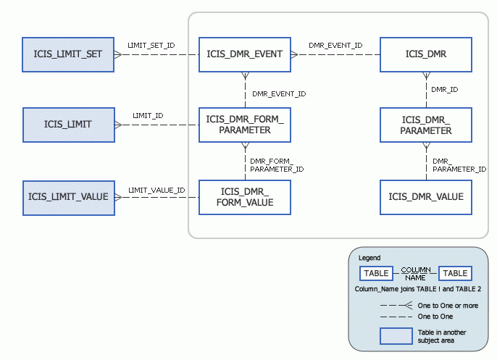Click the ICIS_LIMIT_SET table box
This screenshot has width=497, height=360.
point(68,54)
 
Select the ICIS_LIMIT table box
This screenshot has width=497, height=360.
point(68,125)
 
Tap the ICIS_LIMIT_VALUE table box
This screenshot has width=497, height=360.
point(68,197)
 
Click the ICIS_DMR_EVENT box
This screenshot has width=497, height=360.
point(245,54)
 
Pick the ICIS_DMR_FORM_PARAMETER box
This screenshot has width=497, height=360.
point(245,125)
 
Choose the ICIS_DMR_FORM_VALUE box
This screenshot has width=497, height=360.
point(245,197)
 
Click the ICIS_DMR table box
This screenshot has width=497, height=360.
point(426,54)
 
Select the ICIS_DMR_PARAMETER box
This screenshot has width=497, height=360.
point(426,125)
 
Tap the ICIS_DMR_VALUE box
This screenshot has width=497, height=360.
point(426,197)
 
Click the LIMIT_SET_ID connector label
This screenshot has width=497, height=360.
point(151,45)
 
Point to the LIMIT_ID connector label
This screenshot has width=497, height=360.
point(147,116)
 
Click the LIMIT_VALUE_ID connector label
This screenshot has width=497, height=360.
point(156,190)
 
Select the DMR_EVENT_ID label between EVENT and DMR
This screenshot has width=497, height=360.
point(335,45)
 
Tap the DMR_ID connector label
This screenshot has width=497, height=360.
point(444,90)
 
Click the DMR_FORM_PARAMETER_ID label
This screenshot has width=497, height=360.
point(276,164)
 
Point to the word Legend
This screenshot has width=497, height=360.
point(369,257)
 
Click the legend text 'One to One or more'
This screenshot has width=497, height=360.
point(448,306)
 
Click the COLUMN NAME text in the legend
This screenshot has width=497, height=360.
point(415,273)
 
